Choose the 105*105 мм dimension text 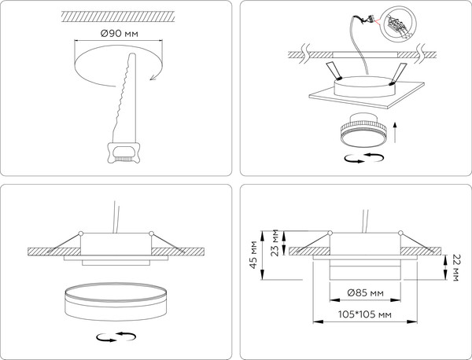(363, 314)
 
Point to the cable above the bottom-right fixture (366, 221)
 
